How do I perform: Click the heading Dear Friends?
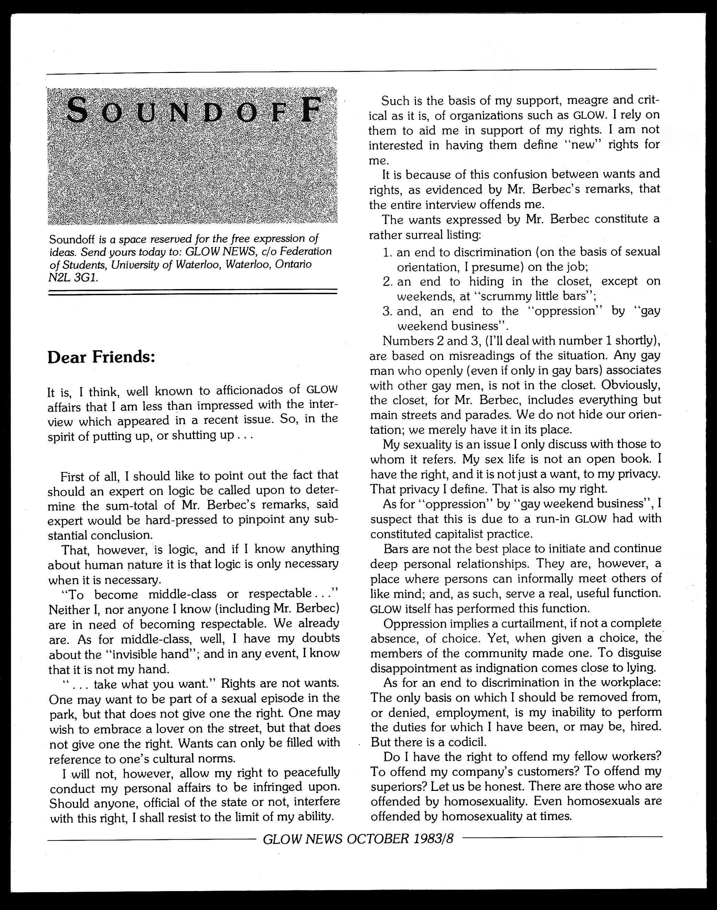tap(101, 357)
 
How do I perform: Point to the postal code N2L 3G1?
tap(74, 278)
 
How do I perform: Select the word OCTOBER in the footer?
tap(378, 839)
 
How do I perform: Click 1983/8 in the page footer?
tap(433, 839)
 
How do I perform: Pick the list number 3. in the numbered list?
tap(387, 311)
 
